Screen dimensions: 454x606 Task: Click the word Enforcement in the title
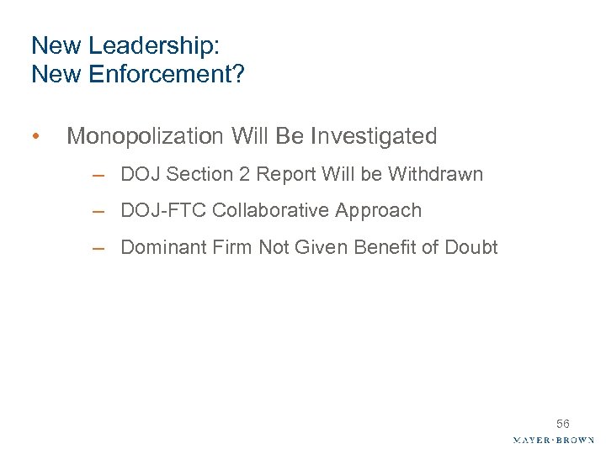click(159, 75)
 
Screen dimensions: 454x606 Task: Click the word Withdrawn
click(435, 175)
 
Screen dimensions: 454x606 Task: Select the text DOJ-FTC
click(163, 211)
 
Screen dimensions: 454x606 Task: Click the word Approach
click(378, 211)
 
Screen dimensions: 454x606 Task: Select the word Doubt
click(470, 247)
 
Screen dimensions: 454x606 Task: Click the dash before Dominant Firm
click(99, 248)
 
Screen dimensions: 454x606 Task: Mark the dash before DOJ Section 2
click(99, 176)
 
